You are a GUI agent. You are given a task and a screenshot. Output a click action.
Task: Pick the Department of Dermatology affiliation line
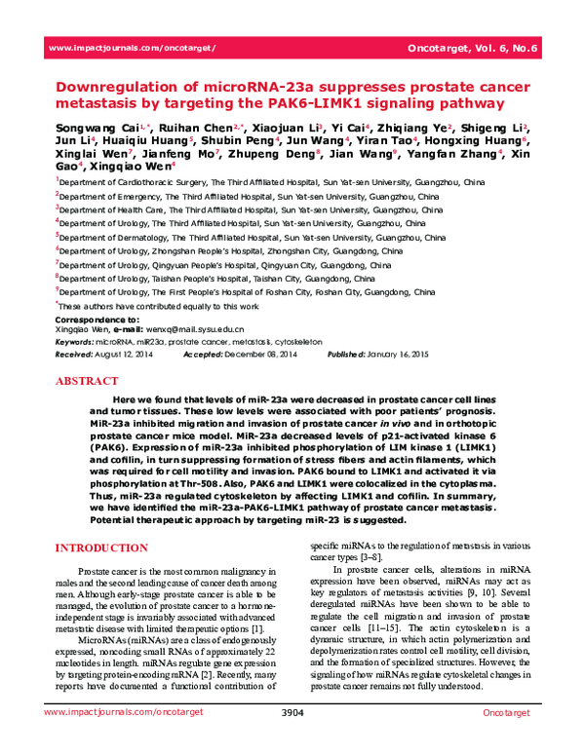point(252,237)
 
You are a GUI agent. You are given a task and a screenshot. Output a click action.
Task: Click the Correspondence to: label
point(97,320)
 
